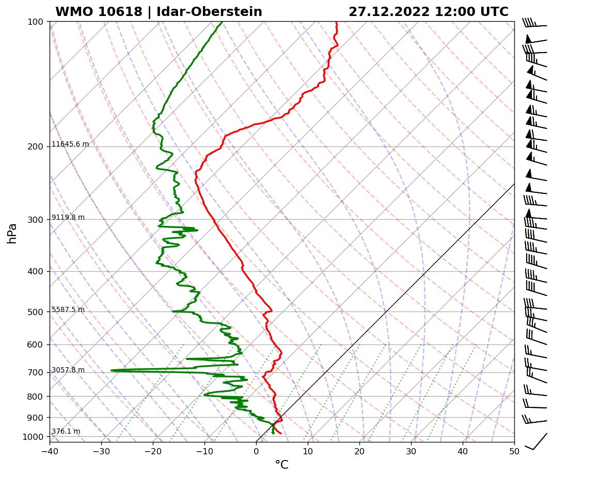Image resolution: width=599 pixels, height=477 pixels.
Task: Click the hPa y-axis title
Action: (12, 233)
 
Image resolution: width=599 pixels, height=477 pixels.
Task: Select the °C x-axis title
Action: (281, 465)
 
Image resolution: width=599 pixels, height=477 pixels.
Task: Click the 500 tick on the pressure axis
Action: (36, 312)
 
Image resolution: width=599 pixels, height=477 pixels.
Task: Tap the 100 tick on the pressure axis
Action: (36, 22)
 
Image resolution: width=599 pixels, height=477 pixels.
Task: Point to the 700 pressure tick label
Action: (36, 372)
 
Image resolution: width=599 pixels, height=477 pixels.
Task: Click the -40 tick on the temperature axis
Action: (50, 452)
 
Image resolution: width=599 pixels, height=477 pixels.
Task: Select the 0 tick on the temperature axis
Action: (256, 452)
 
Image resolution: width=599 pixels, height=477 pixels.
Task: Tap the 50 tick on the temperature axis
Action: (514, 452)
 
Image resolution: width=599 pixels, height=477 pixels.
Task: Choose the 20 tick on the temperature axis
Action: (359, 452)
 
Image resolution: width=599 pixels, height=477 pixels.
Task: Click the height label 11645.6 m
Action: (70, 144)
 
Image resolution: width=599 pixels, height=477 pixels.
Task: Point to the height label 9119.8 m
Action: (68, 218)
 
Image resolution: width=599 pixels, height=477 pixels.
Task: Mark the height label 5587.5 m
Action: (68, 310)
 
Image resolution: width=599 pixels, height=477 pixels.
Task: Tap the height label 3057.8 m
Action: (68, 370)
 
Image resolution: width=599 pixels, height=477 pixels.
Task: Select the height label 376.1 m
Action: (66, 432)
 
